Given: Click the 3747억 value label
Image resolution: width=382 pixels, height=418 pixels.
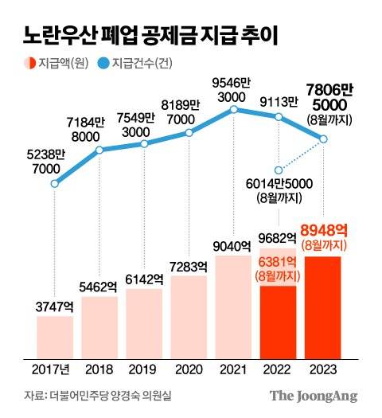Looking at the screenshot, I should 55,307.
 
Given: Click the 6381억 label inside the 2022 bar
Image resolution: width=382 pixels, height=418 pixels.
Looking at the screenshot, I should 279,262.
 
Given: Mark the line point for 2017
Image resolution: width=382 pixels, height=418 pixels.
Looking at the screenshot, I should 54,183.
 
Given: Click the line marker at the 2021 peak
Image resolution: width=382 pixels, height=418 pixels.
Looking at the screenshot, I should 233,109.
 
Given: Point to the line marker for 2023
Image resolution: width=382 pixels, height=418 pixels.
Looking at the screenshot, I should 323,140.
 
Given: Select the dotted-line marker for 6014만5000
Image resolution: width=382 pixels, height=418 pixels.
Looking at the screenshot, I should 279,170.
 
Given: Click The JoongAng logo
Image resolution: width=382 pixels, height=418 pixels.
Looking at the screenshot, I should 313,396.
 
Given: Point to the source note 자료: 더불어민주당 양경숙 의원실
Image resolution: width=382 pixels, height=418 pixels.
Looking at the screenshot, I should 99,396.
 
